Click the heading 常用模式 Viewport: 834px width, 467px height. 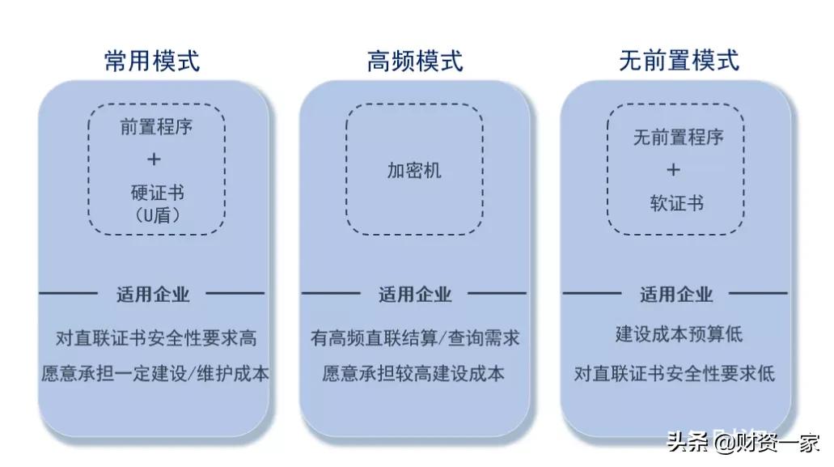[151, 61]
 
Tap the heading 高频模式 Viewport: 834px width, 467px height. [415, 61]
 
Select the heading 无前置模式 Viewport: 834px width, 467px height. [679, 61]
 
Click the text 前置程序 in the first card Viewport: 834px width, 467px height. [156, 126]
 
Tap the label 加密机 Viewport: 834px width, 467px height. [414, 170]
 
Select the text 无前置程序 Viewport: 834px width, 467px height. [678, 138]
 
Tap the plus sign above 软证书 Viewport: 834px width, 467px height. [674, 170]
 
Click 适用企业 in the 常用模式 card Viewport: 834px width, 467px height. [152, 294]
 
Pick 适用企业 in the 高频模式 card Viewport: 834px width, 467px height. [414, 294]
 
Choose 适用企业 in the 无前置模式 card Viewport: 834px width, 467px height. [676, 294]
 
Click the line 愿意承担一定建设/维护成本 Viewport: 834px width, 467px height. [155, 373]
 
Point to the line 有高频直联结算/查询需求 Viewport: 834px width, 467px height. [414, 338]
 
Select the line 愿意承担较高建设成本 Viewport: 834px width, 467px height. [413, 373]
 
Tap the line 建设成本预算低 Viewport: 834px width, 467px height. [678, 333]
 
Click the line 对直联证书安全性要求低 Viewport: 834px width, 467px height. [675, 373]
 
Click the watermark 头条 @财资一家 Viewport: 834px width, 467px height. [743, 443]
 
